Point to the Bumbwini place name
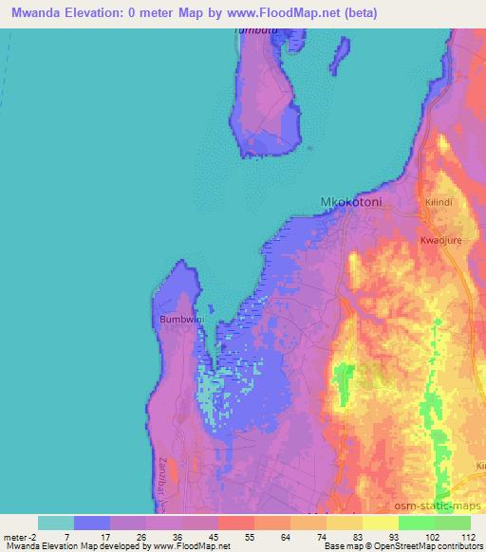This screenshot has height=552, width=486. click(178, 320)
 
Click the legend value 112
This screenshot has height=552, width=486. click(469, 537)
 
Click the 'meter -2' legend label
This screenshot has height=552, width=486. click(21, 537)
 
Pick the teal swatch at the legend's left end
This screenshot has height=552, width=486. click(56, 523)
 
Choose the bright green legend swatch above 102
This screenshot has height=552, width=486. click(416, 523)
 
